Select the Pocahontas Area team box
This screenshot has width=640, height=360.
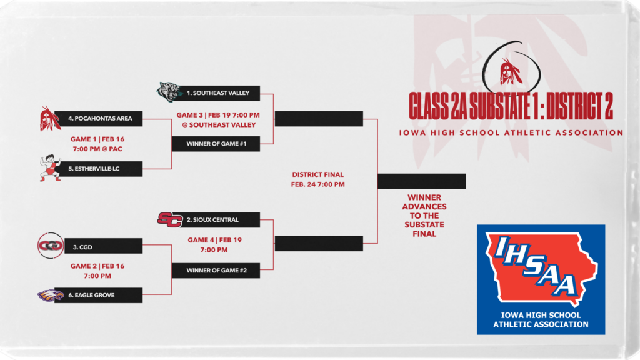98,117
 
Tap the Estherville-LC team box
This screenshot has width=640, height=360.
98,168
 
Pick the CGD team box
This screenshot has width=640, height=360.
98,247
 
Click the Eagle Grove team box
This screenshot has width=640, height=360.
98,295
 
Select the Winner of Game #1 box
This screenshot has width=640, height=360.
215,144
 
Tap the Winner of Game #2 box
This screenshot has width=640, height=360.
215,271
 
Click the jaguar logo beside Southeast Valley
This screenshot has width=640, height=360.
169,92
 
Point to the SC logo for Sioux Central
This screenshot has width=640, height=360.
169,219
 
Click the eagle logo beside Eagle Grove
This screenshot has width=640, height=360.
50,295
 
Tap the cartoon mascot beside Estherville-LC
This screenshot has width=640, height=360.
51,167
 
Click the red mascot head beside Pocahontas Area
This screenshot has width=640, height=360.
50,118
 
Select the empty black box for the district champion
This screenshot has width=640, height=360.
421,181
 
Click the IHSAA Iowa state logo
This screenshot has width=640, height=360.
541,278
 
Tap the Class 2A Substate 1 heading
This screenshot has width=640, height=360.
511,104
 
